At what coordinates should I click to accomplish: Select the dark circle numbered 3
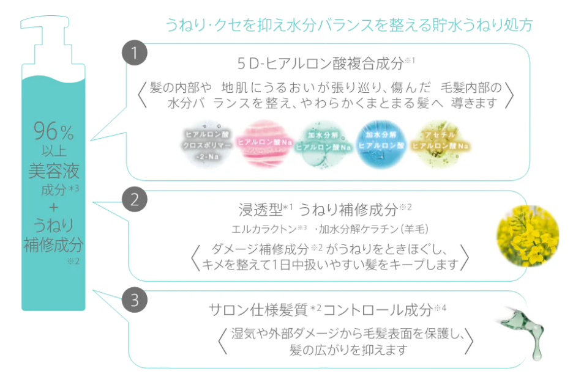coord(135,300)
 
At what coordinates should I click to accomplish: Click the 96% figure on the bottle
coord(53,131)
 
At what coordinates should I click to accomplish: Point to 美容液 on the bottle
coord(53,170)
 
